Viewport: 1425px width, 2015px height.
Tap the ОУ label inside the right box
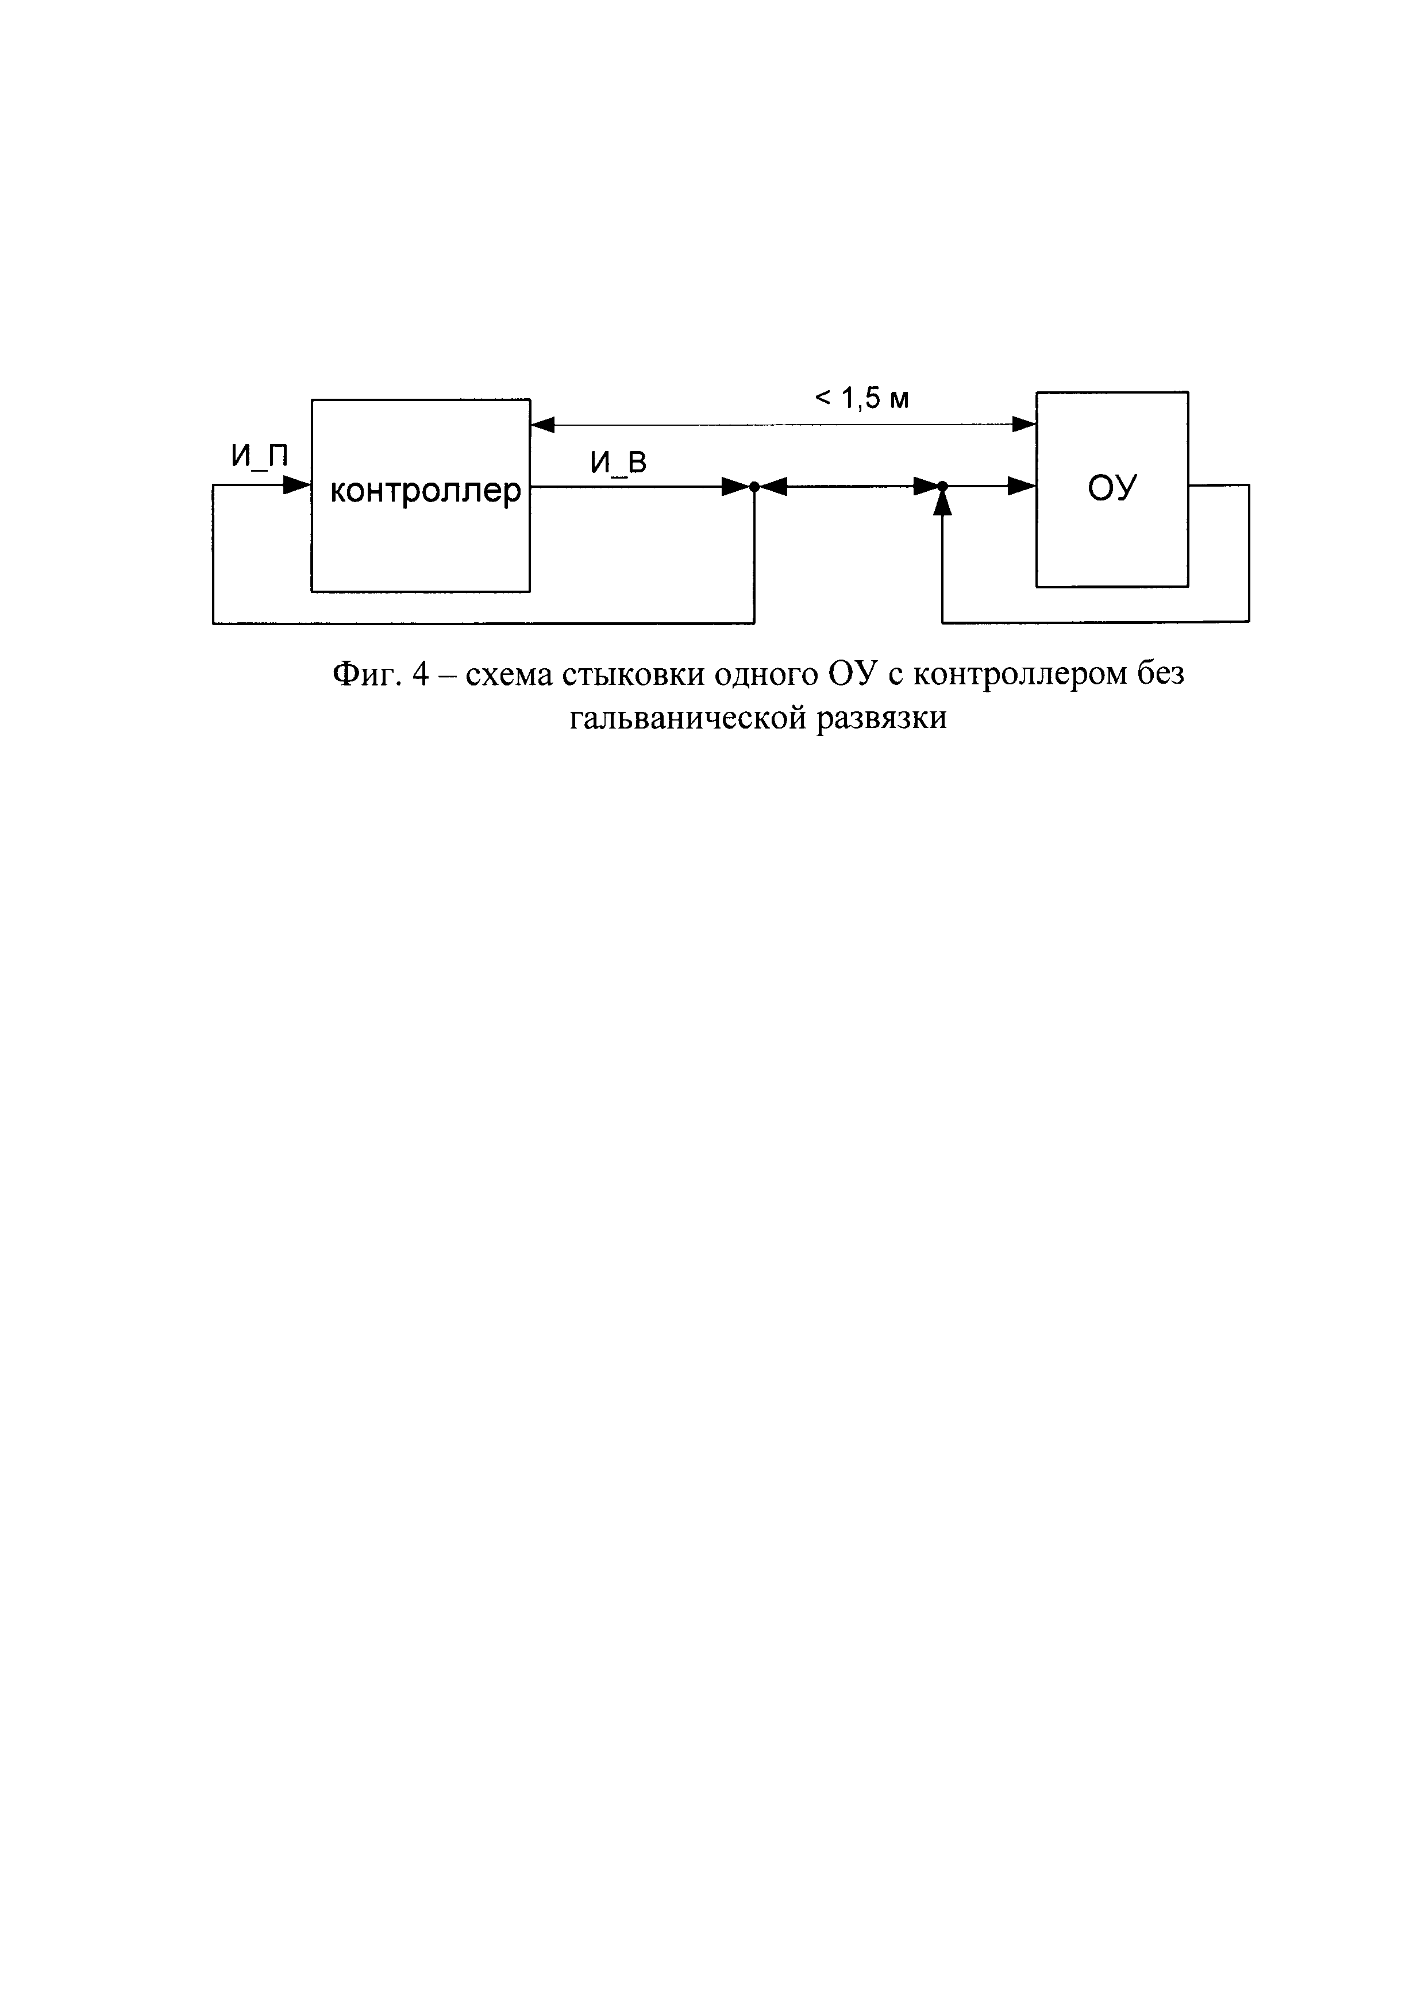(x=1112, y=488)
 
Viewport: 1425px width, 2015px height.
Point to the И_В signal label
(x=618, y=463)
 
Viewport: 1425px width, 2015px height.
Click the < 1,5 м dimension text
(x=862, y=399)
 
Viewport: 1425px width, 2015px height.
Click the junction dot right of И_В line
(x=754, y=486)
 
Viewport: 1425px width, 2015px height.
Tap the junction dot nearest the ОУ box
(x=942, y=486)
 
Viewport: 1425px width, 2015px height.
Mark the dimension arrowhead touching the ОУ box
(x=1024, y=425)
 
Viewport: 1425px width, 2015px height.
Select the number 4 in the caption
(x=419, y=675)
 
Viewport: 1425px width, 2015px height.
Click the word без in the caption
(x=1160, y=675)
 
